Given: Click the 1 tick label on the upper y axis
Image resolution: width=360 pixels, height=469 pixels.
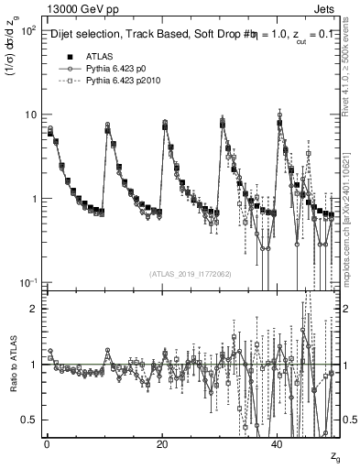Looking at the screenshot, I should click(35, 199).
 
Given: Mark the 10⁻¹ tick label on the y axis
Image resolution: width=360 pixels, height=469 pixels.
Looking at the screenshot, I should click(29, 283).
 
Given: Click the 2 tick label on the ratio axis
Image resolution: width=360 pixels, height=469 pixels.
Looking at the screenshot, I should click(35, 310).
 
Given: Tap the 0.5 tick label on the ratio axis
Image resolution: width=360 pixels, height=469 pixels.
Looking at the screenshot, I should click(30, 420).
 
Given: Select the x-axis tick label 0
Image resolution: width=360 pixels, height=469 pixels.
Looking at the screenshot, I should click(47, 444).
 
